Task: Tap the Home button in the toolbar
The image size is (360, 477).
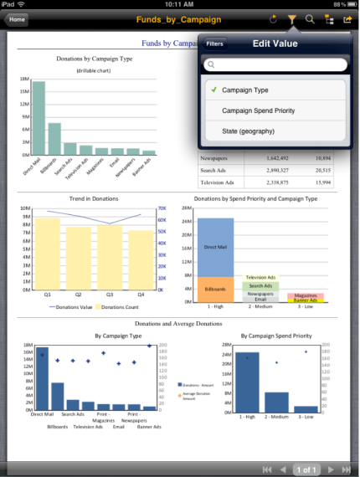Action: (x=17, y=18)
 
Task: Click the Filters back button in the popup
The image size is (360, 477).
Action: (x=215, y=44)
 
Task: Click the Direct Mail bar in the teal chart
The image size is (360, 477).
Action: (x=39, y=118)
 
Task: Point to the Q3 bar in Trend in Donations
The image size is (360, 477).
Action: (x=110, y=257)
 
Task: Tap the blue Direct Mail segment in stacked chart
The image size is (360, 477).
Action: (x=215, y=247)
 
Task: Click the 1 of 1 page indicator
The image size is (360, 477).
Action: (x=306, y=469)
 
